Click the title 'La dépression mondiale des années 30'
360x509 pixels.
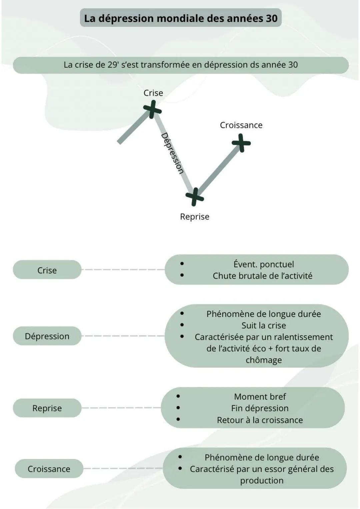pyautogui.click(x=181, y=18)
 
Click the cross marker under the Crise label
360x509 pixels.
pyautogui.click(x=152, y=110)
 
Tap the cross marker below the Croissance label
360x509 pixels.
pyautogui.click(x=241, y=143)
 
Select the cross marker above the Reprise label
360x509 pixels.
pyautogui.click(x=195, y=197)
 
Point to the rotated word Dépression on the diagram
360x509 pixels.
pyautogui.click(x=172, y=153)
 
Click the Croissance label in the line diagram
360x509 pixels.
pyautogui.click(x=241, y=125)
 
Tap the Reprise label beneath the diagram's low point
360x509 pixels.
pyautogui.click(x=195, y=217)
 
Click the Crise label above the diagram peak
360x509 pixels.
pyautogui.click(x=153, y=93)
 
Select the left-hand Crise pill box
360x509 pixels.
pyautogui.click(x=47, y=270)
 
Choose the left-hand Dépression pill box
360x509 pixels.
pyautogui.click(x=47, y=336)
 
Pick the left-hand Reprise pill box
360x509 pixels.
pyautogui.click(x=47, y=408)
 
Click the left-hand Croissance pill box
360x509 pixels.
pyautogui.click(x=49, y=469)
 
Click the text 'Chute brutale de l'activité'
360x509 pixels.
pyautogui.click(x=262, y=276)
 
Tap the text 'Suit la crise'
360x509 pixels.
pyautogui.click(x=263, y=325)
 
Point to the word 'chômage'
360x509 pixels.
pyautogui.click(x=263, y=360)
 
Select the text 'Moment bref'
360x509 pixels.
pyautogui.click(x=260, y=397)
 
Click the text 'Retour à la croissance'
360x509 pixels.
pyautogui.click(x=260, y=420)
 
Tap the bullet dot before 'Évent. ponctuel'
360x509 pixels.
pyautogui.click(x=182, y=263)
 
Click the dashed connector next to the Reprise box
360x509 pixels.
pyautogui.click(x=121, y=408)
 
